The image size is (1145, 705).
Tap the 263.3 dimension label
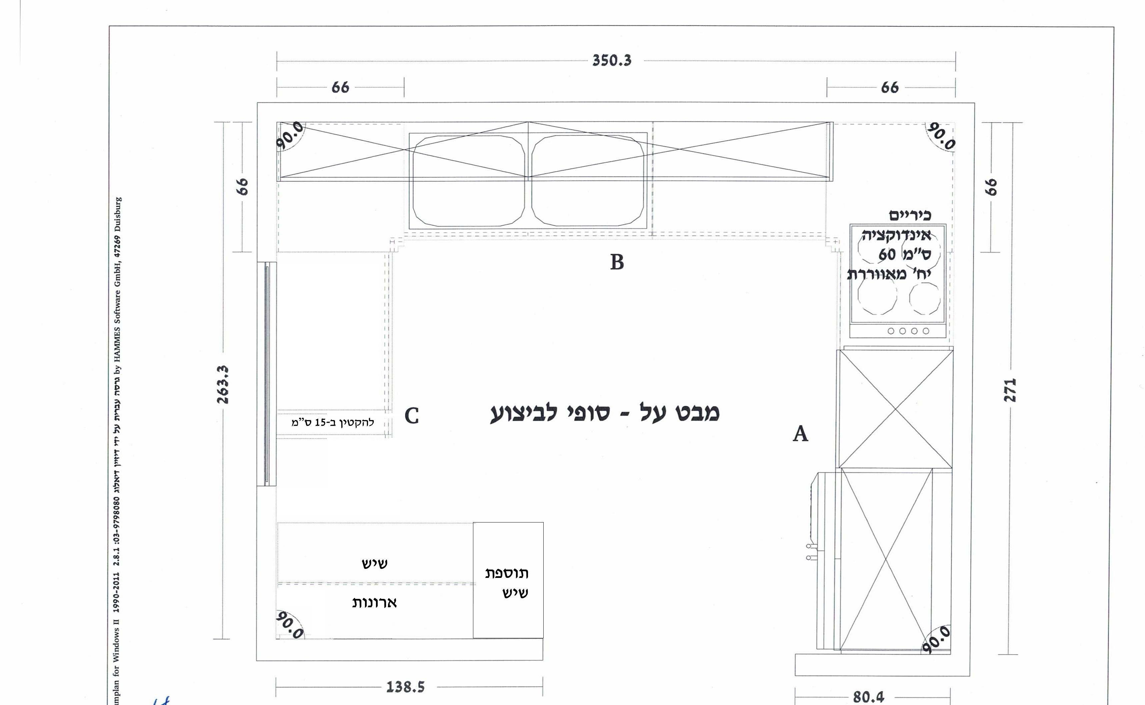pyautogui.click(x=223, y=385)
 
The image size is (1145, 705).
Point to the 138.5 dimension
pyautogui.click(x=405, y=687)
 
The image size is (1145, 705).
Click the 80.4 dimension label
pyautogui.click(x=868, y=697)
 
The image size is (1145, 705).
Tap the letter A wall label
pyautogui.click(x=800, y=434)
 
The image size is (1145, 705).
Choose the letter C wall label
pyautogui.click(x=412, y=415)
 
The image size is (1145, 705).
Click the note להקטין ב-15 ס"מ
pyautogui.click(x=333, y=422)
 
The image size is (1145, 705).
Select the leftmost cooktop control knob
pyautogui.click(x=891, y=331)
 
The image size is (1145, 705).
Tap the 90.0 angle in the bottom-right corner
pyautogui.click(x=936, y=639)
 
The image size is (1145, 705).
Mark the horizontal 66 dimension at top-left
pyautogui.click(x=340, y=87)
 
